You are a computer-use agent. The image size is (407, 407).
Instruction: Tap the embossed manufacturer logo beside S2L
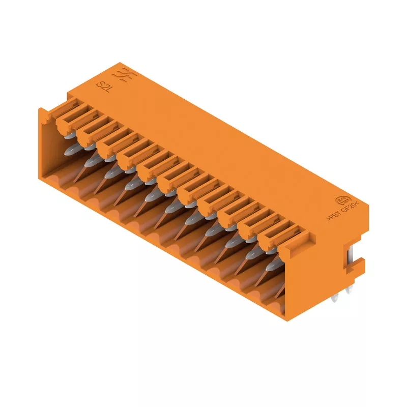click(124, 75)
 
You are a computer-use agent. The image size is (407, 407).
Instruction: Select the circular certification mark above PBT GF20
click(342, 200)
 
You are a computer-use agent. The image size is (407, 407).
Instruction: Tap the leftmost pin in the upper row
click(70, 135)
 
